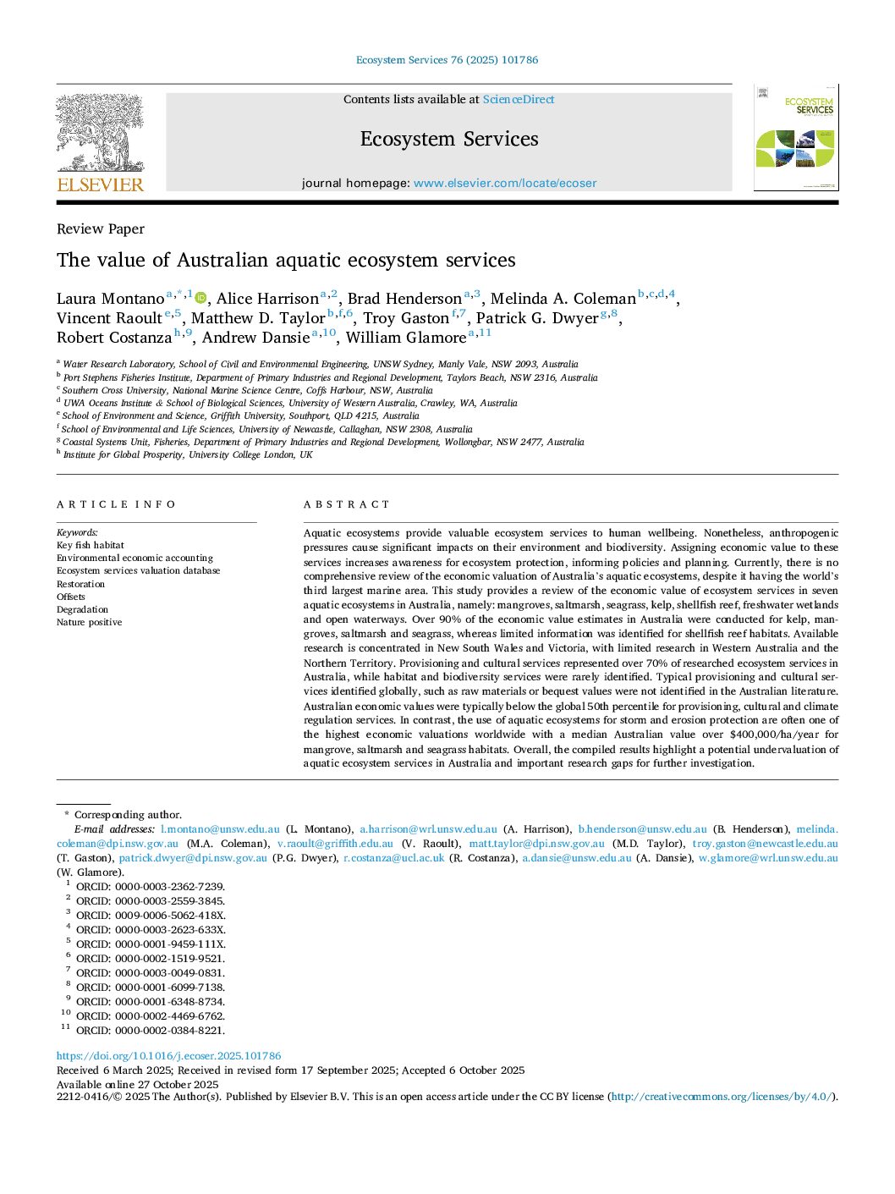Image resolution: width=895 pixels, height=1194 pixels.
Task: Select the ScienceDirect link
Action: point(519,100)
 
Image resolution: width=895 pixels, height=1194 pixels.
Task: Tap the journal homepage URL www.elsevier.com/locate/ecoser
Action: point(505,184)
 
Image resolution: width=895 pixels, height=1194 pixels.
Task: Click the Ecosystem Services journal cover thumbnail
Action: point(795,137)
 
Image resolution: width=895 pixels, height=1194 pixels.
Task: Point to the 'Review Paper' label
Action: point(101,229)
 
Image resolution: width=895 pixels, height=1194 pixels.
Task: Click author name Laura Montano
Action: point(110,299)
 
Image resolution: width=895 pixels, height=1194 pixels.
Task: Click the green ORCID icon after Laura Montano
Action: point(200,297)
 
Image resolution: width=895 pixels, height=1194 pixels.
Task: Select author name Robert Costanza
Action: point(114,338)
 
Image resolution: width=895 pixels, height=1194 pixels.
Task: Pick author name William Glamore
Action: point(406,338)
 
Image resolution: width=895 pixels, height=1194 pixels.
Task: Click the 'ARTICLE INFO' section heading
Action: point(117,504)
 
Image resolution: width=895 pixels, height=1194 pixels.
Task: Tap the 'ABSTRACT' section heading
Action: point(347,504)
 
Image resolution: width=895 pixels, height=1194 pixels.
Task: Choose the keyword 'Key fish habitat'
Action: point(91,546)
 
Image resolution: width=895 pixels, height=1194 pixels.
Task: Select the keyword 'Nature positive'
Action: point(90,623)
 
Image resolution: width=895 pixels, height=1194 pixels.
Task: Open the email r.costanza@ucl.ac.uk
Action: point(393,858)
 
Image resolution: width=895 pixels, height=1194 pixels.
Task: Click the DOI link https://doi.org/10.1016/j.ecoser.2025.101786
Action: point(168,1056)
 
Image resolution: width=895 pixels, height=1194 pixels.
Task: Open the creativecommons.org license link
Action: point(721,1097)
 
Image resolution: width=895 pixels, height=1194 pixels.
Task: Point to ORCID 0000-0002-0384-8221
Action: point(151,1031)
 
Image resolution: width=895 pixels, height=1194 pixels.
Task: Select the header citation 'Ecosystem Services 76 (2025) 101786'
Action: point(447,60)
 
